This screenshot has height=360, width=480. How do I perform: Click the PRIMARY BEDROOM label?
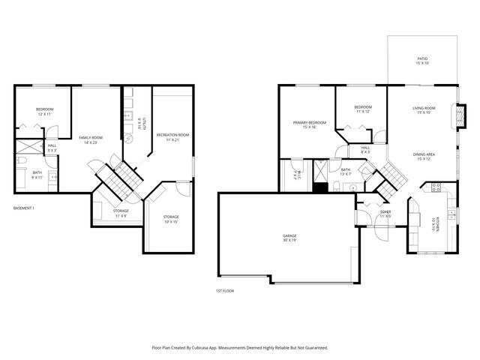click(309, 124)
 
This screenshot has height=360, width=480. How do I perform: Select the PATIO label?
click(423, 60)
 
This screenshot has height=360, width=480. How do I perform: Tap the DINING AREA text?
click(424, 156)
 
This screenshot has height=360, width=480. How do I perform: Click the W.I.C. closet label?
click(297, 177)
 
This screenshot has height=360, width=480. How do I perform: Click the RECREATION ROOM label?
click(172, 136)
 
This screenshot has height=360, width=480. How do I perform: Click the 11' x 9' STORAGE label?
click(121, 213)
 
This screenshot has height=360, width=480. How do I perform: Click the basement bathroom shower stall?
click(30, 146)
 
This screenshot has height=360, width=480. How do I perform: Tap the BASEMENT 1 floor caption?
click(25, 208)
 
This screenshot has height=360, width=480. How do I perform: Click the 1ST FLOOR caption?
click(225, 290)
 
